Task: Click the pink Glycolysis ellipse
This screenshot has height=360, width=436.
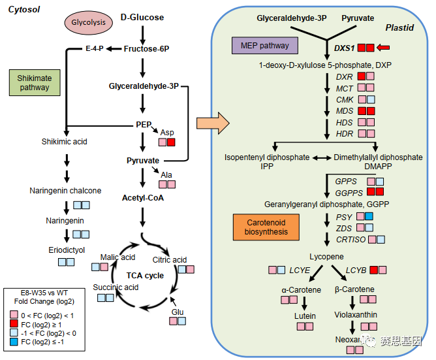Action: pos(88,22)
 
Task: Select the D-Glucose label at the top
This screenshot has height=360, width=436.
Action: pos(142,17)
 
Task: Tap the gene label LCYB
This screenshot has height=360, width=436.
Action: pos(356,269)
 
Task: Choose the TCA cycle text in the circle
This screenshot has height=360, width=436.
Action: pos(145,275)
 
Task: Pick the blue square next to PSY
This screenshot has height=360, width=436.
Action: pos(369,216)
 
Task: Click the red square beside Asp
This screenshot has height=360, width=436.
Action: pos(171,142)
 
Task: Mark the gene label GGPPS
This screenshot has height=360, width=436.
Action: pos(348,191)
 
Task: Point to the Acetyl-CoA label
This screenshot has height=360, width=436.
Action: pos(142,197)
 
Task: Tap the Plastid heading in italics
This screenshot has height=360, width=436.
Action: pos(398,29)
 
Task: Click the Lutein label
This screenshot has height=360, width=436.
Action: pos(304,317)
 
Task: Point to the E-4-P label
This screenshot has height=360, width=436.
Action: pos(95,48)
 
